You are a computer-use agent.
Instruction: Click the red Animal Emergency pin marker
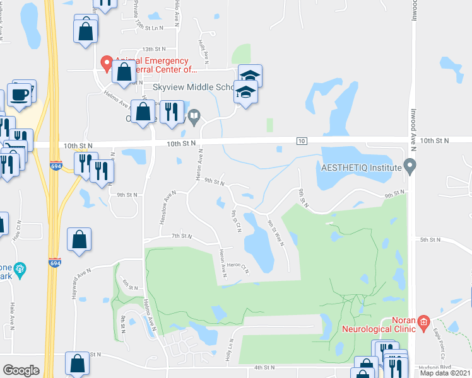[107, 62]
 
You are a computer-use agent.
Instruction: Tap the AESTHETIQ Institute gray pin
[411, 167]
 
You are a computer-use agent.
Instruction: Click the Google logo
[21, 370]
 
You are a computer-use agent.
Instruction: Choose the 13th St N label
[153, 49]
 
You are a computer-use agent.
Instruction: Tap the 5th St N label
[430, 240]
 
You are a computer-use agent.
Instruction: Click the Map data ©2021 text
[444, 373]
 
